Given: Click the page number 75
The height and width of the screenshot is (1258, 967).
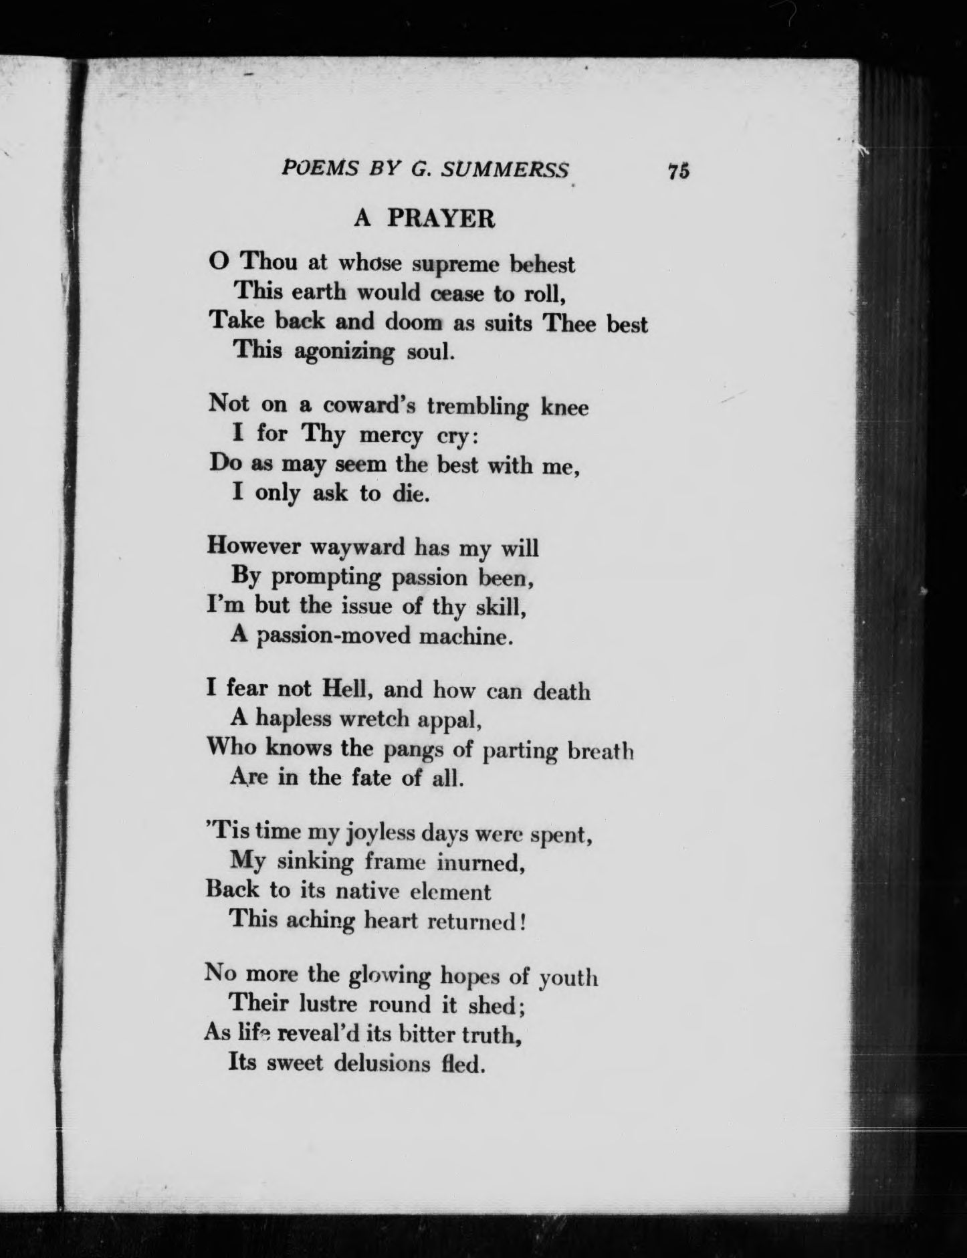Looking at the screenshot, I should tap(677, 171).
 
